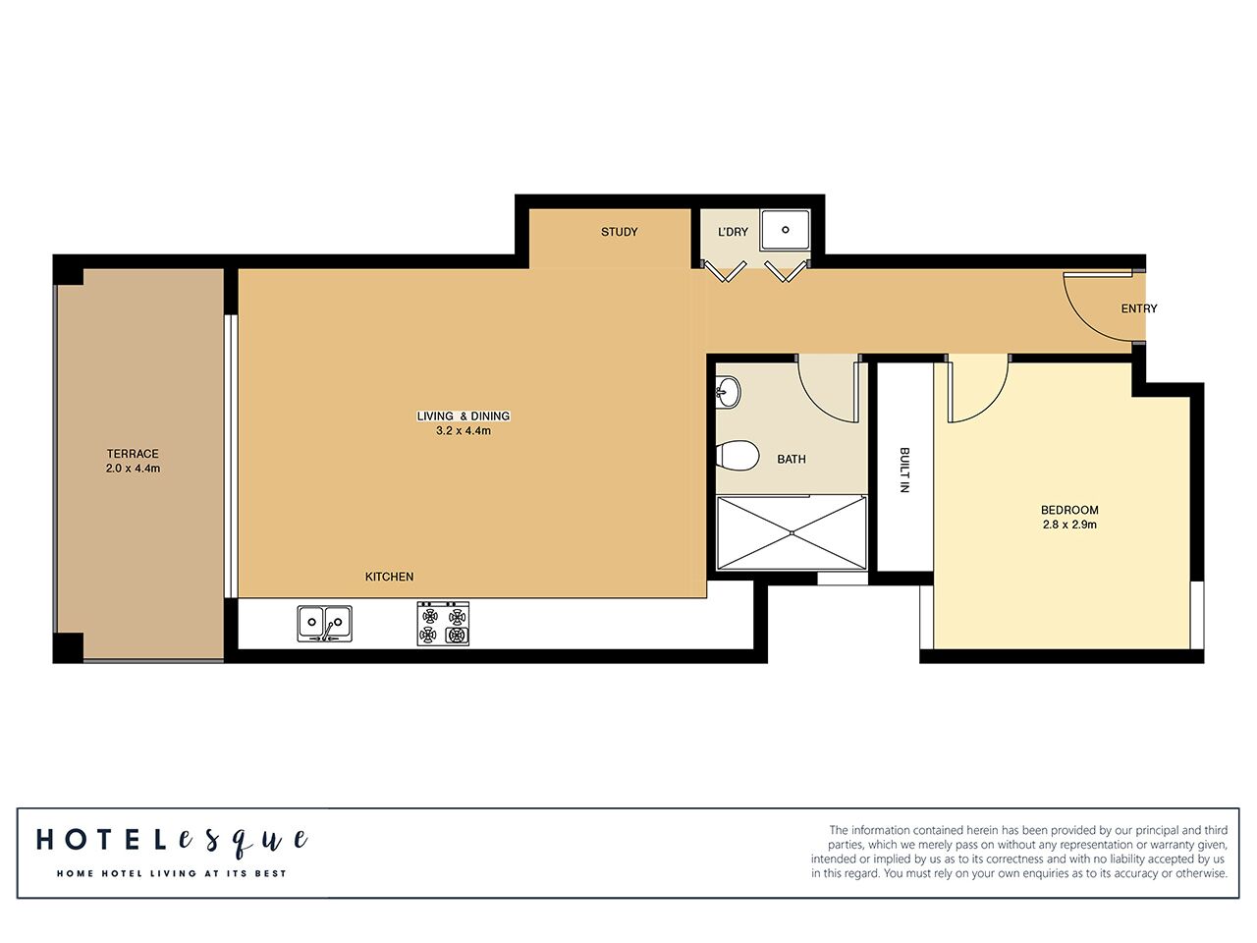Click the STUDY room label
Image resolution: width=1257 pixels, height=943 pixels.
pos(619,232)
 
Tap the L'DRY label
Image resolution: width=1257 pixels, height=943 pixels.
pos(733,232)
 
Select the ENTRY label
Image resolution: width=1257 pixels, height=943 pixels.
pos(1139,308)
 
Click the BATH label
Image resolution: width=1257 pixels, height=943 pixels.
pos(791,459)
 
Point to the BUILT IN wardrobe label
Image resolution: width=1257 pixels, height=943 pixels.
pos(904,470)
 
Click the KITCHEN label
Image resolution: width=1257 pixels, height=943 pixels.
pos(389,577)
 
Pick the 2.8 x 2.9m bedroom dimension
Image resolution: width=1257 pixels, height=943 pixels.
pos(1069,525)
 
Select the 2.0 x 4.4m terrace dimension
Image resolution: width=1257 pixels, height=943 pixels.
pos(133,469)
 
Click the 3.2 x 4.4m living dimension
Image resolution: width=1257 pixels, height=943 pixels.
pos(463,430)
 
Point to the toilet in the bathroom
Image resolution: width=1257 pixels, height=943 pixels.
pos(738,456)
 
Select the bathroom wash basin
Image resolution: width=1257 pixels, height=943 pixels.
pos(727,392)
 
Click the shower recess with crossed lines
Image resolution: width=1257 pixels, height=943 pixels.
pos(792,532)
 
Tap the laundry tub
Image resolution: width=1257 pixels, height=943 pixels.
pos(785,230)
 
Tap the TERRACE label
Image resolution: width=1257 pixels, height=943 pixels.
pos(133,454)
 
